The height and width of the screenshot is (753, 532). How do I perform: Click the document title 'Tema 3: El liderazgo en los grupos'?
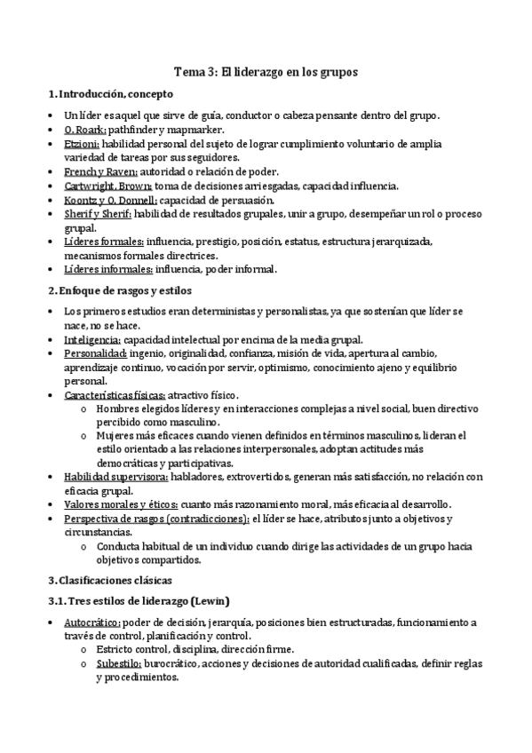click(266, 74)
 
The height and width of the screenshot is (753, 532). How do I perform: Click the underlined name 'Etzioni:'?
click(83, 144)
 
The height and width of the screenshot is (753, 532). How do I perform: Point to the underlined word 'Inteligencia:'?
click(92, 340)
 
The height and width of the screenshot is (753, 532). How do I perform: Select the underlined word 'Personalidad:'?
click(95, 354)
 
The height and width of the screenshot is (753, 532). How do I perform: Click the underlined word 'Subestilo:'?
click(119, 663)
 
